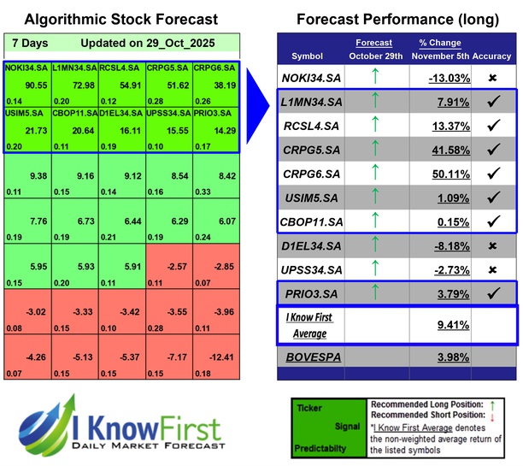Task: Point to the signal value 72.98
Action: (x=83, y=86)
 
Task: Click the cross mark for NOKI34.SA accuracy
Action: (x=493, y=78)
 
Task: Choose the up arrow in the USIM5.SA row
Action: (x=375, y=198)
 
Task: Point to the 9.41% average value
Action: (x=453, y=325)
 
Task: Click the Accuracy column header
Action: (x=494, y=56)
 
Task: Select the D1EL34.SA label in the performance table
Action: (x=313, y=246)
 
